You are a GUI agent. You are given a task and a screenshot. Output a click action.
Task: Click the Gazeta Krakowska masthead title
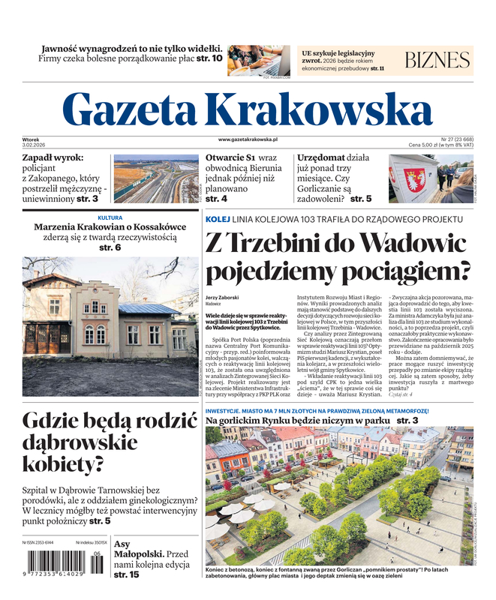coord(248,109)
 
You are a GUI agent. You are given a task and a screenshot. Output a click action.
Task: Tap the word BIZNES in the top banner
coord(437,61)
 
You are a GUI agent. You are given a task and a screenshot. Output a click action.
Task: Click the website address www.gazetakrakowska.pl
coord(248,139)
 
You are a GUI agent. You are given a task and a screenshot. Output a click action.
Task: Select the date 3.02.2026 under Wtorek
coord(35,145)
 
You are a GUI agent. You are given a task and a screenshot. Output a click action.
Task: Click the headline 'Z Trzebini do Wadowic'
coord(336,244)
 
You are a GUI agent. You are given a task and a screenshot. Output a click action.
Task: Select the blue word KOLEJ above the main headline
coord(219,218)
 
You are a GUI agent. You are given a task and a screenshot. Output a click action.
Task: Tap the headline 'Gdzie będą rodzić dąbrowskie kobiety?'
coord(100,442)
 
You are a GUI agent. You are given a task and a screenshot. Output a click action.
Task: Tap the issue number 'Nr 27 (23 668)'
coord(456,139)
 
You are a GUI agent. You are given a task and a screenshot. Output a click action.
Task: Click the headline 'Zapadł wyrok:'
coord(53,158)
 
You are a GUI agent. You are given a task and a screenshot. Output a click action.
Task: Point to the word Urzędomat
coord(322,158)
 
